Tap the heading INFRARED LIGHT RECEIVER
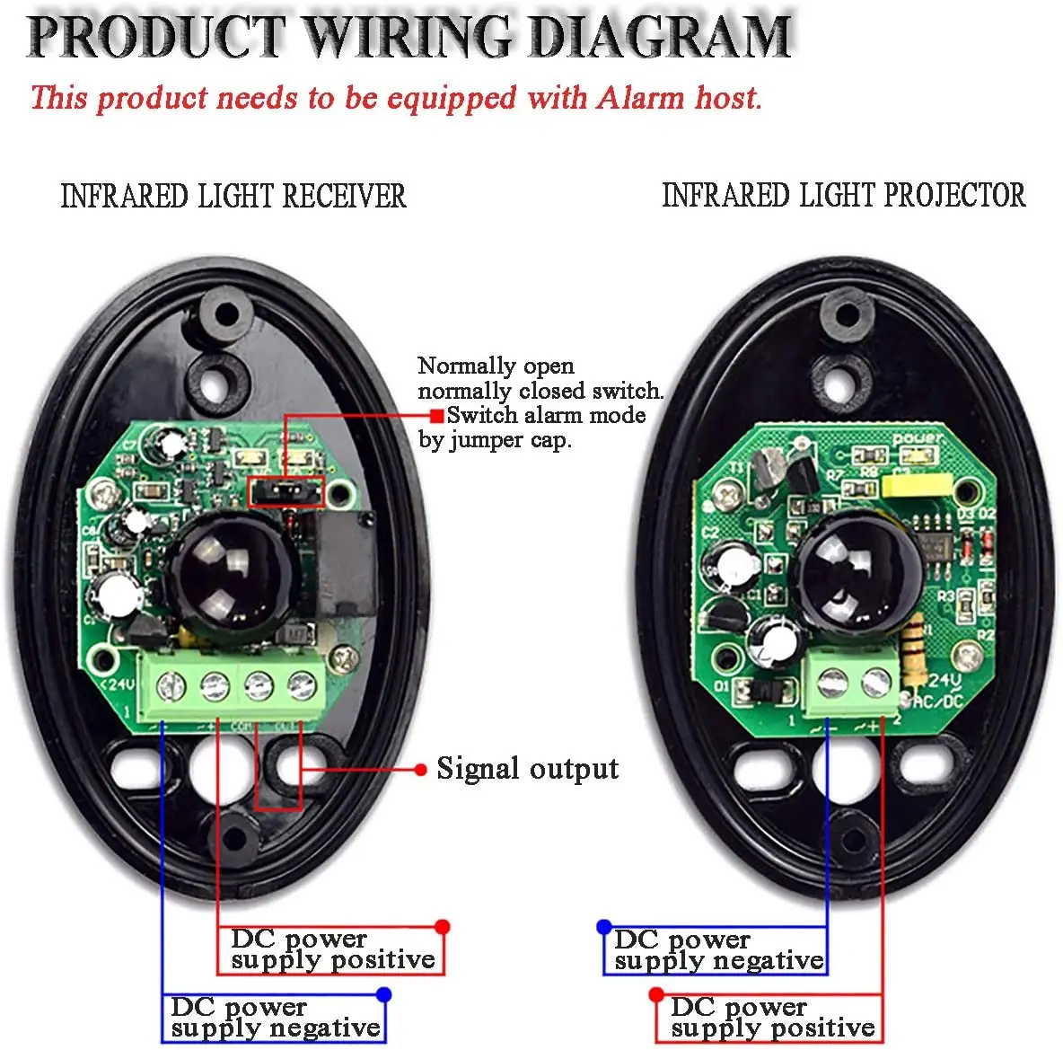click(233, 196)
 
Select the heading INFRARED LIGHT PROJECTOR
click(843, 195)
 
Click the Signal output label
click(527, 769)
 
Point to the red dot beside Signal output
click(420, 770)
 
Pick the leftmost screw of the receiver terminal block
click(171, 689)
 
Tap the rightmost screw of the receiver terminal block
click(301, 688)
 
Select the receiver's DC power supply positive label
click(332, 949)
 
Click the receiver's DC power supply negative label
click(275, 1017)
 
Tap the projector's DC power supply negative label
click(718, 950)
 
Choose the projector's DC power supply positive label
click(772, 1017)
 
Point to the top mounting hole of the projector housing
click(843, 315)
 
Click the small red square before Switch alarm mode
click(436, 416)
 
